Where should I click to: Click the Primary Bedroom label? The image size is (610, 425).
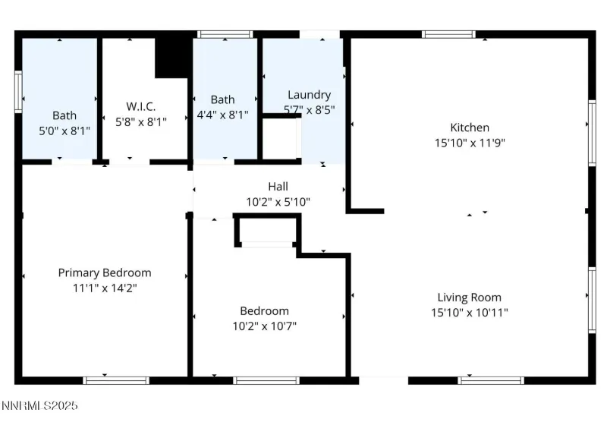click(105, 272)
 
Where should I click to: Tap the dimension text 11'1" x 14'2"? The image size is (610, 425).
click(105, 288)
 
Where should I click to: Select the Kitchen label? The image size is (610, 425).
click(470, 127)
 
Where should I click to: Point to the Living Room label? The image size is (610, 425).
click(469, 297)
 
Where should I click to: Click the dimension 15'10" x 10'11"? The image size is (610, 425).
click(469, 312)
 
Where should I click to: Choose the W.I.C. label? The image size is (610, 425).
click(140, 106)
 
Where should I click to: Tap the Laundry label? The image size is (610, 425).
click(309, 95)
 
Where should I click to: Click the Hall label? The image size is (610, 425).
click(278, 186)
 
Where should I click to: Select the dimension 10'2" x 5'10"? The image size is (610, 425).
click(278, 202)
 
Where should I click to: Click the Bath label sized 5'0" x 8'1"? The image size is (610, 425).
click(64, 115)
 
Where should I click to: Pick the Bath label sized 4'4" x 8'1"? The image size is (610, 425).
click(222, 99)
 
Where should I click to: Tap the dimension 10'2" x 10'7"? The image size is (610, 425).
click(264, 326)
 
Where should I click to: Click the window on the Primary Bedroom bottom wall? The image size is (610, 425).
click(105, 379)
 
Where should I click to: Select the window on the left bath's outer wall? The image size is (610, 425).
click(18, 91)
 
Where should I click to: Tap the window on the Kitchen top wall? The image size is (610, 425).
click(448, 33)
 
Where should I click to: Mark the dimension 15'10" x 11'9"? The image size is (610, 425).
click(469, 142)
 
